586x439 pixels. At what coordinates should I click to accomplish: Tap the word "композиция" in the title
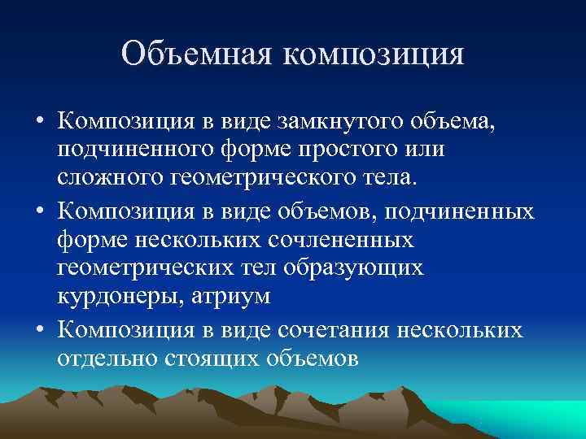[x=374, y=55]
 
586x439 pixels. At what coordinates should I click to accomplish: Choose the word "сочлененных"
[x=332, y=241]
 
